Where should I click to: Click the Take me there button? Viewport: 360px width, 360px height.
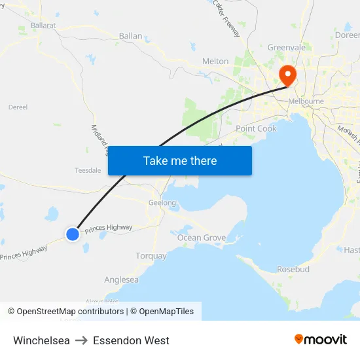tap(180, 161)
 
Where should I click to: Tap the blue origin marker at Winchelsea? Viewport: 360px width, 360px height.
tap(73, 234)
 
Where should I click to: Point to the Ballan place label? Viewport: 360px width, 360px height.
tap(130, 36)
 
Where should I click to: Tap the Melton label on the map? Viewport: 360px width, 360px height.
tap(215, 61)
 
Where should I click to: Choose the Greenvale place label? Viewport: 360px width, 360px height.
tap(287, 47)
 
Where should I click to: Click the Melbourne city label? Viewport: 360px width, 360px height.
tap(306, 101)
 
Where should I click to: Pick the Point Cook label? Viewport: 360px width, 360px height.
tap(256, 128)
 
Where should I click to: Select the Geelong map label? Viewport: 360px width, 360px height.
tap(162, 203)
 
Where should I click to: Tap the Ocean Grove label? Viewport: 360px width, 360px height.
tap(202, 238)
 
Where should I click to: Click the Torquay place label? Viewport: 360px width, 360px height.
tap(151, 256)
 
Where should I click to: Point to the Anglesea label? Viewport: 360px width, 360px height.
tap(121, 279)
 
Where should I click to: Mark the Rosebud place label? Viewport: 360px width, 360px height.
tap(293, 269)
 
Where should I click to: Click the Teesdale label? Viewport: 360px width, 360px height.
tap(88, 170)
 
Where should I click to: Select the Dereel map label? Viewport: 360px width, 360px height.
tap(18, 107)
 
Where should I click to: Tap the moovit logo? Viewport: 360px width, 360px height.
tap(320, 339)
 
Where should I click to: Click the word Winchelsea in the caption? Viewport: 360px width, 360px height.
tap(41, 340)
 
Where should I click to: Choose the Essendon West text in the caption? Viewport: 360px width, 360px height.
tap(131, 340)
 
